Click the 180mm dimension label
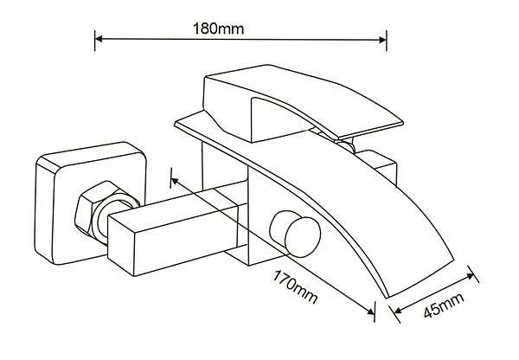[x=219, y=29]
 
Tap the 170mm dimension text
[x=295, y=286]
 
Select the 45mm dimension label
[x=445, y=305]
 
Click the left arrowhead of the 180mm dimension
[x=99, y=39]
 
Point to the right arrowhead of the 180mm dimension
[x=382, y=40]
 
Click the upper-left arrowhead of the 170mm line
[x=175, y=181]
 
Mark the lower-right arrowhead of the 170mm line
[x=370, y=312]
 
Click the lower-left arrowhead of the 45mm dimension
[x=398, y=310]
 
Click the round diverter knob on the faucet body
[x=296, y=234]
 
